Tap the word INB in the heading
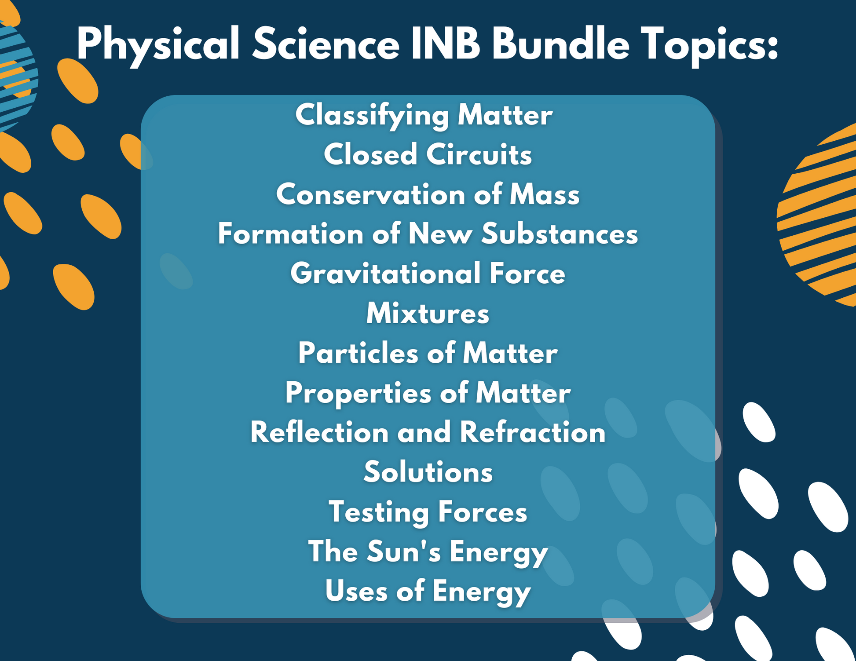445,44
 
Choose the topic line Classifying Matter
424,115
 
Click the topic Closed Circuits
428,155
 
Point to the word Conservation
370,194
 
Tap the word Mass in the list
545,194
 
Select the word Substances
559,234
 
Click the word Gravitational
385,274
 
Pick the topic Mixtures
428,314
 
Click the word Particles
358,353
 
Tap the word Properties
358,393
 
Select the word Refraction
533,432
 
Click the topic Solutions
428,472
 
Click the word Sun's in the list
403,551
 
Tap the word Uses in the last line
356,591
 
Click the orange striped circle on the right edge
818,215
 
